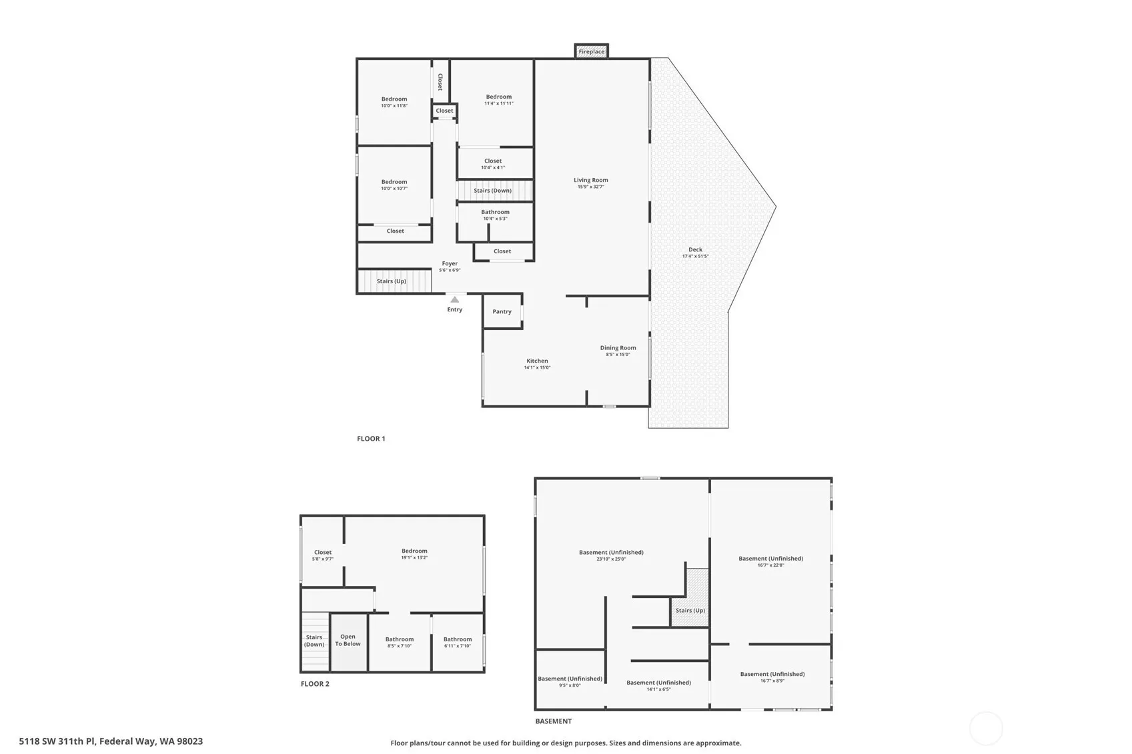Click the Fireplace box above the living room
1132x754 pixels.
pos(591,51)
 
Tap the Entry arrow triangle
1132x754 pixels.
pos(455,299)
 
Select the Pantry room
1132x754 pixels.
pos(502,311)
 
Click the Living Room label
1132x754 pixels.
pos(591,180)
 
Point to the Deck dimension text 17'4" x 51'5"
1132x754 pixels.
pos(695,256)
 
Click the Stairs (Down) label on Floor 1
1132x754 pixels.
pos(493,191)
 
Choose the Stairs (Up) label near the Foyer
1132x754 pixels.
pos(392,281)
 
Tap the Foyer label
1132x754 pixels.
pos(450,263)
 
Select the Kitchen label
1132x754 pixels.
pos(537,361)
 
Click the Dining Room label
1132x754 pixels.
pos(618,347)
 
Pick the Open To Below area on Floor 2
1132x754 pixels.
pos(348,642)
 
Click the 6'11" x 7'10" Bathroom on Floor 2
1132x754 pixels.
pos(458,642)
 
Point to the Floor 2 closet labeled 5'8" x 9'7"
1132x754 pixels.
pos(322,551)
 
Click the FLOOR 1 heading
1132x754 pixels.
pos(371,439)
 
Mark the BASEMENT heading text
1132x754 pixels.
pos(554,721)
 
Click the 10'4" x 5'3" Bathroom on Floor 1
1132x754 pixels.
pos(495,221)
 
